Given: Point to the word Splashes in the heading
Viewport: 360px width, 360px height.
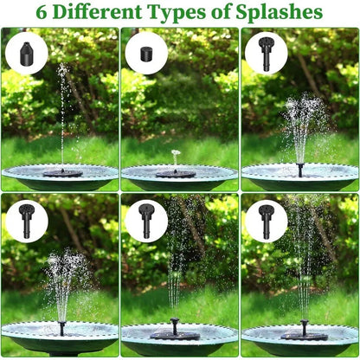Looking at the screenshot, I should [281, 13].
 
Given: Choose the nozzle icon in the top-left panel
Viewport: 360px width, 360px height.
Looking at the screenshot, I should [26, 53].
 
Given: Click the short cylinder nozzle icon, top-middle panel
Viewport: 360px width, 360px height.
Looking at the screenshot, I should [145, 53].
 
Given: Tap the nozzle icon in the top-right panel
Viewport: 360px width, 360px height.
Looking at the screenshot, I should [265, 53].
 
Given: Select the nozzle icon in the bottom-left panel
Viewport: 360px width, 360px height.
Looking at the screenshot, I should [26, 221].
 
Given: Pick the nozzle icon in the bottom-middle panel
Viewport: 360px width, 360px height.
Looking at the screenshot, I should [145, 221].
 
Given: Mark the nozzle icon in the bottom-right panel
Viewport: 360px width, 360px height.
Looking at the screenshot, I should [265, 221].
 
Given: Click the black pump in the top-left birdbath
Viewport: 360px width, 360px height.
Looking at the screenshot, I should [62, 172].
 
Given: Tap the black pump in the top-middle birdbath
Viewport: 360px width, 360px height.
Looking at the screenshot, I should [176, 172].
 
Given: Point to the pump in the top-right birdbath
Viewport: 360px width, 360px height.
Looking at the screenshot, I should [300, 168].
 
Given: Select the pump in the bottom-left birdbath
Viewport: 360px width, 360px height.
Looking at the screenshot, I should [61, 329].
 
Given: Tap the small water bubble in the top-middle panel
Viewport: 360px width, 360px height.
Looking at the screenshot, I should [176, 154].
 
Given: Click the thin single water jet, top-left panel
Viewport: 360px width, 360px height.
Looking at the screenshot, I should [61, 112].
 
